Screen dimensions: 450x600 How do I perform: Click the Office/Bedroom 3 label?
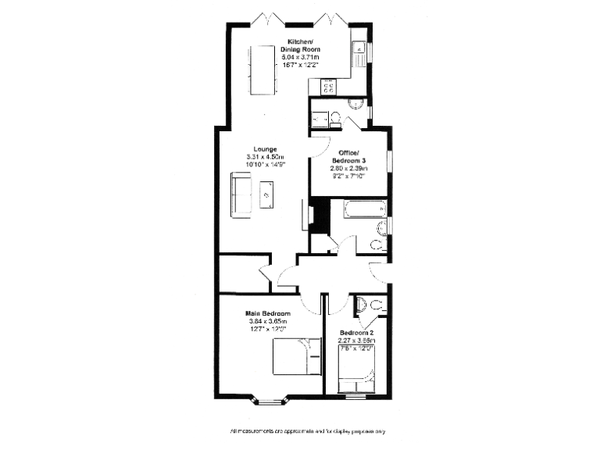[x=348, y=156]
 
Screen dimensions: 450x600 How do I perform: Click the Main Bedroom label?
[x=268, y=313]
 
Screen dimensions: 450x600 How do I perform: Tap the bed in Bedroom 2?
[x=357, y=369]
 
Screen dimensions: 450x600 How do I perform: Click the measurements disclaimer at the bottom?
[x=307, y=430]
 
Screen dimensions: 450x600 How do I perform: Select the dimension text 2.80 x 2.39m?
[x=348, y=168]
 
